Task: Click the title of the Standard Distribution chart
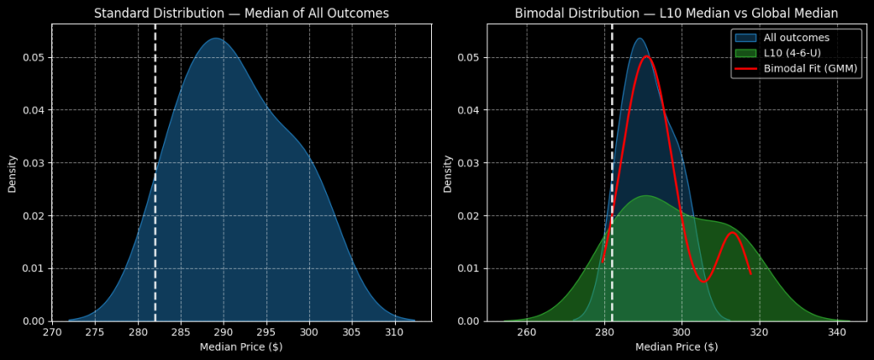(242, 13)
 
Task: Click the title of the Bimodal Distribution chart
(677, 13)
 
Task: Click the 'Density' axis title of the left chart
(13, 172)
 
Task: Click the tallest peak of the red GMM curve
(646, 56)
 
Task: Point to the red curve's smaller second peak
(732, 232)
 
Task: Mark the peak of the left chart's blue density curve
(216, 38)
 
